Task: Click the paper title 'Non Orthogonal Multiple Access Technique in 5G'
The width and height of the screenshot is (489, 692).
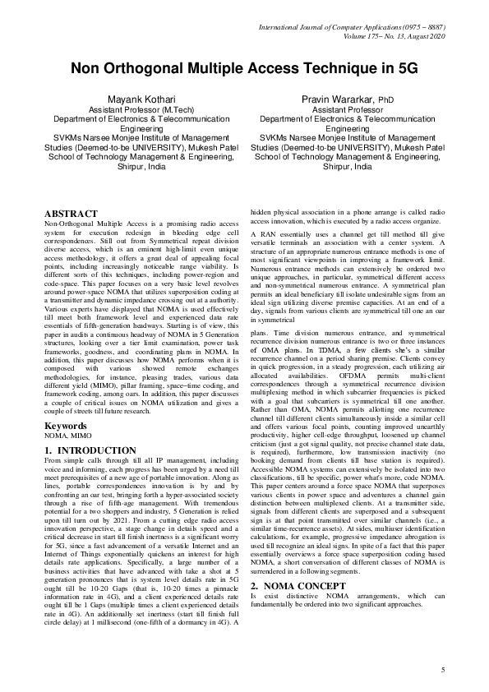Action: coord(244,68)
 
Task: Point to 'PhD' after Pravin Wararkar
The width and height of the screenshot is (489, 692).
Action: coord(388,100)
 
